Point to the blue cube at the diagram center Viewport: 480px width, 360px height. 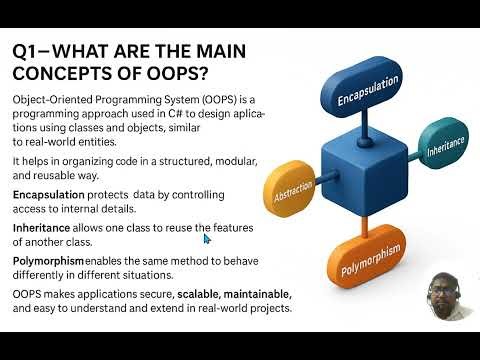(355, 170)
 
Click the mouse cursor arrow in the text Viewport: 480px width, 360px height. (208, 239)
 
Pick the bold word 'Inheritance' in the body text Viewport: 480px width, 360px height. (41, 228)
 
